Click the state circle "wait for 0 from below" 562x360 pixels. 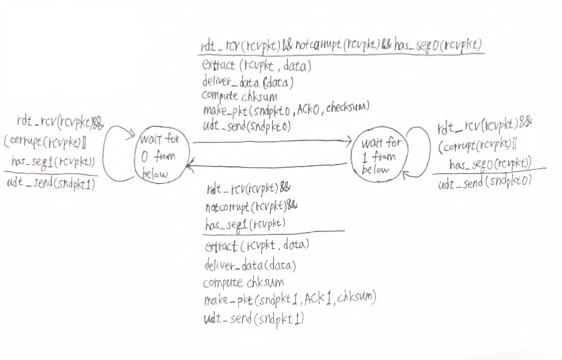[x=163, y=156]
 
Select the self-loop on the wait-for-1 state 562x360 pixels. [x=423, y=150]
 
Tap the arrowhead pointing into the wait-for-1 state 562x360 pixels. [x=348, y=142]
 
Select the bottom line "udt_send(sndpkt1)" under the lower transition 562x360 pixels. [x=254, y=318]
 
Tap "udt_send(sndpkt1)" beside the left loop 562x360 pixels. [x=51, y=184]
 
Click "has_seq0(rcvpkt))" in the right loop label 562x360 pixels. [x=490, y=164]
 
